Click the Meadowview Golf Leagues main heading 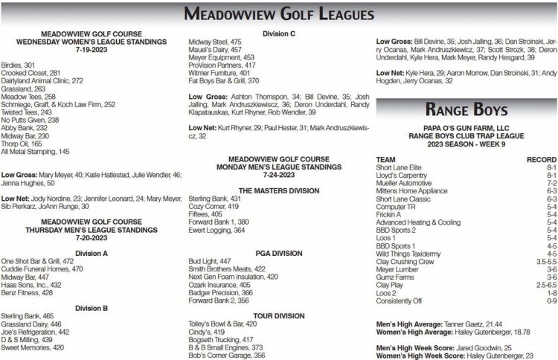point(278,14)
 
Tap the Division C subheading point(278,33)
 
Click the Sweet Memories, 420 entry point(33,347)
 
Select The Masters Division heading point(278,190)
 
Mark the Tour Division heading point(278,315)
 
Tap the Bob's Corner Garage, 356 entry point(228,356)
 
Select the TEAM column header point(387,159)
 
